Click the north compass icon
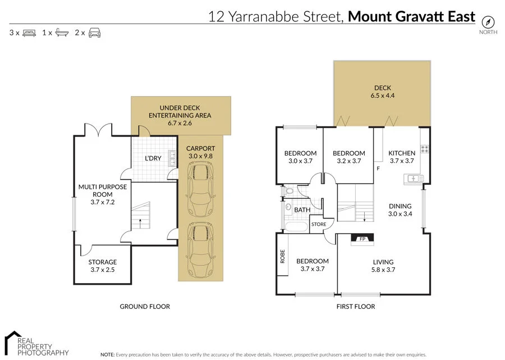488,21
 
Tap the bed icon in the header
29,33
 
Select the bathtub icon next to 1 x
62,33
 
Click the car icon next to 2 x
94,33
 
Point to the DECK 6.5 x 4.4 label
383,92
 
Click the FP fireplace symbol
362,239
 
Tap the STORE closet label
319,225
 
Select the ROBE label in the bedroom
283,256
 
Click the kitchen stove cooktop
425,149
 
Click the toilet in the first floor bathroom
288,192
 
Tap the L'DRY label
153,158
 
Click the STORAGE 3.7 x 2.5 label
103,266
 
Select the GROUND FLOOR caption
145,307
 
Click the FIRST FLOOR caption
356,307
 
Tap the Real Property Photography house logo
11,342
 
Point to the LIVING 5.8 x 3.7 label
383,266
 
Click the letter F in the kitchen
379,168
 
